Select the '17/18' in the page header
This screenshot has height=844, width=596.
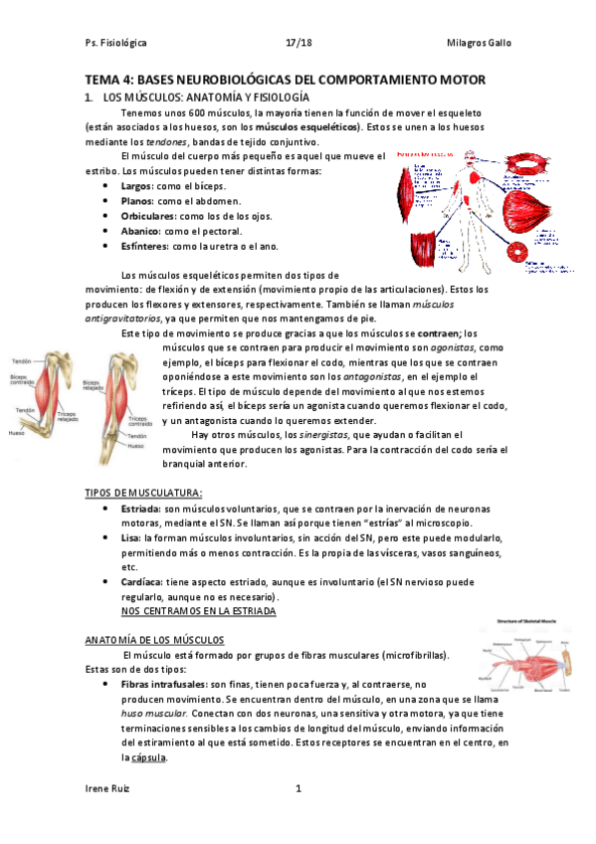[x=298, y=44]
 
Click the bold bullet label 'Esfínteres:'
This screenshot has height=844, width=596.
[x=144, y=245]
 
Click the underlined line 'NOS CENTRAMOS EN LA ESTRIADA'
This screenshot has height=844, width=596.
[x=197, y=612]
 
